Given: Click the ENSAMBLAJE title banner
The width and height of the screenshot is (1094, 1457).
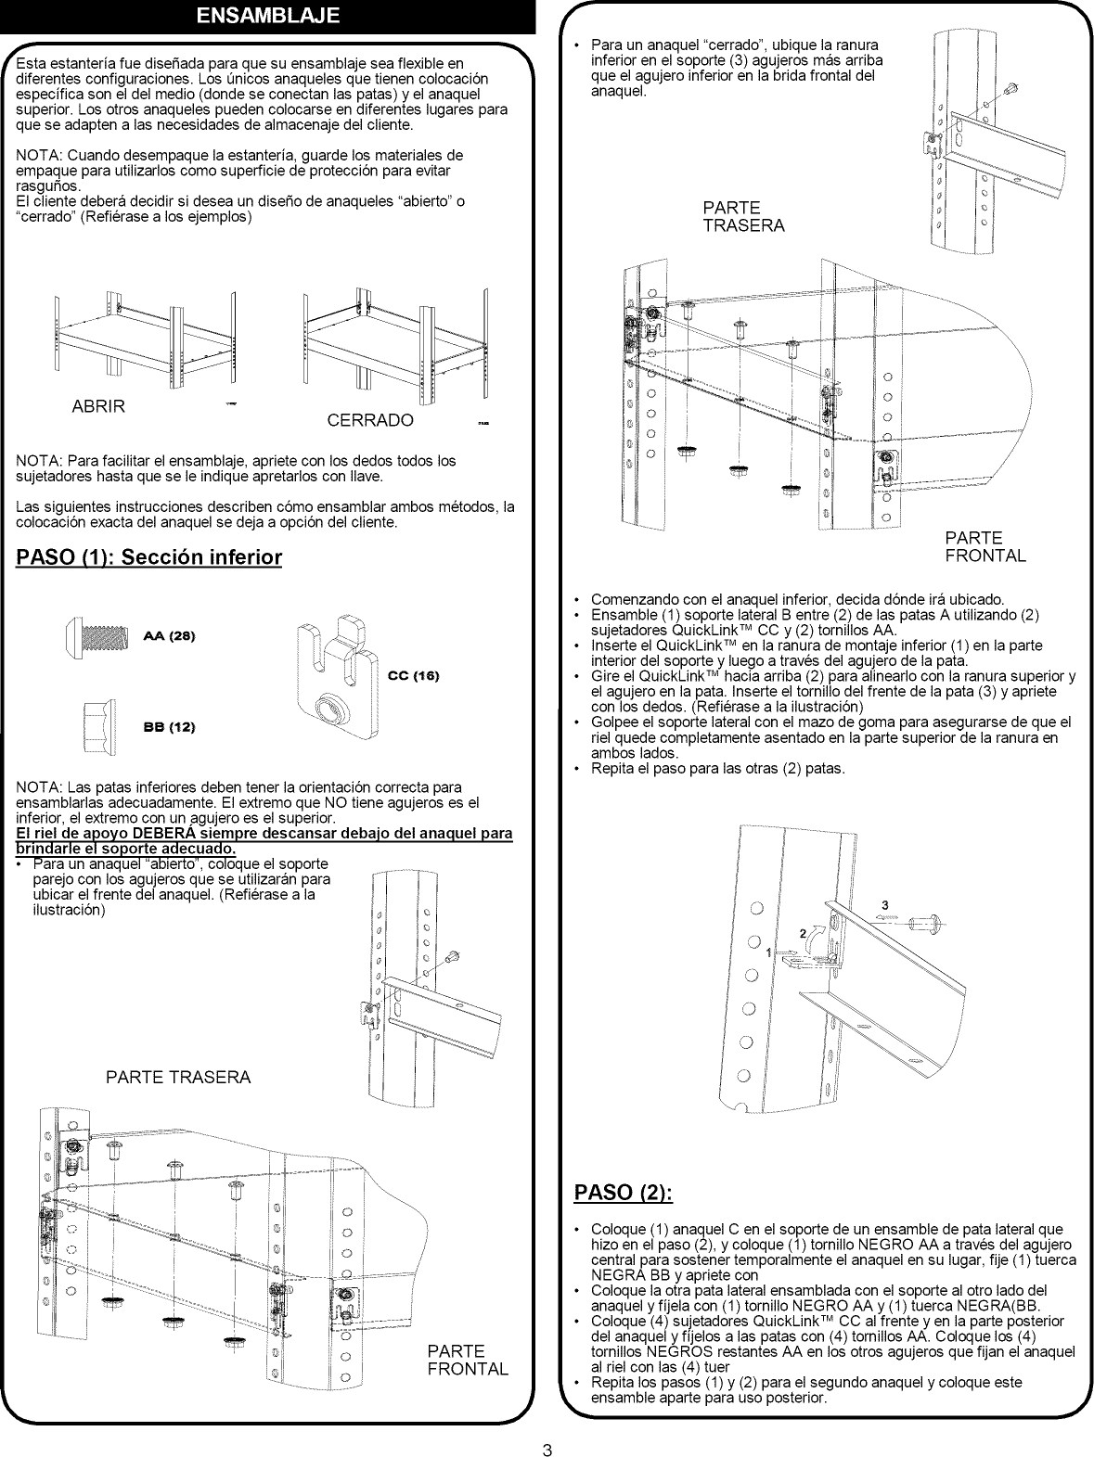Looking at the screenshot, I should [x=268, y=16].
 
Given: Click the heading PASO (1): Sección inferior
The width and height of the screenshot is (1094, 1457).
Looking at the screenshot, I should [x=149, y=557].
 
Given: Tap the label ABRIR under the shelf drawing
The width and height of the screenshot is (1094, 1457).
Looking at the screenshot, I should [x=98, y=406].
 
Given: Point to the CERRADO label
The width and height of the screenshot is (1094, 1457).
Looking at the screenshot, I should [x=370, y=420].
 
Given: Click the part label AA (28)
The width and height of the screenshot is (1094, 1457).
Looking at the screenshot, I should [x=170, y=636].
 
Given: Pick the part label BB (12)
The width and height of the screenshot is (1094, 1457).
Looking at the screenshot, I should [x=169, y=726].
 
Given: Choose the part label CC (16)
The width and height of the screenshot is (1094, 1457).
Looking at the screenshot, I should [x=413, y=675].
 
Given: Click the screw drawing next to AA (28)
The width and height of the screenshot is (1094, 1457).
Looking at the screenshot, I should [x=99, y=637].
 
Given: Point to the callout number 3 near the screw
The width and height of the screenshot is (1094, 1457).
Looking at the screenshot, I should [x=884, y=904].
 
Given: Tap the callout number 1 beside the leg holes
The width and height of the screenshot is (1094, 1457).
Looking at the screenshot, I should [x=768, y=952].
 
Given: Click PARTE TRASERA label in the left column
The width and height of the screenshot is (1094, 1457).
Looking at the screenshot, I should [x=178, y=1077].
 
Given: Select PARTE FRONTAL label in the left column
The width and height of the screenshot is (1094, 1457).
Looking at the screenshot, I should [x=468, y=1360].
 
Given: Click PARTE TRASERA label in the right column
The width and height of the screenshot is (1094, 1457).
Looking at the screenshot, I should [x=743, y=216].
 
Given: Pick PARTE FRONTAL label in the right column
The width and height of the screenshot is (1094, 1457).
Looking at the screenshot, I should [x=985, y=546].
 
